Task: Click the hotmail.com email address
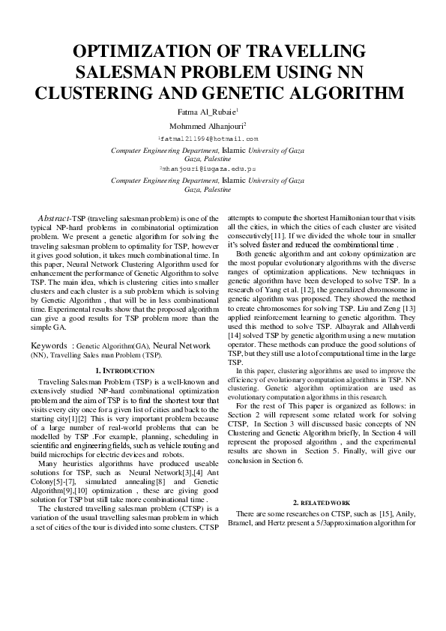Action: [208, 139]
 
